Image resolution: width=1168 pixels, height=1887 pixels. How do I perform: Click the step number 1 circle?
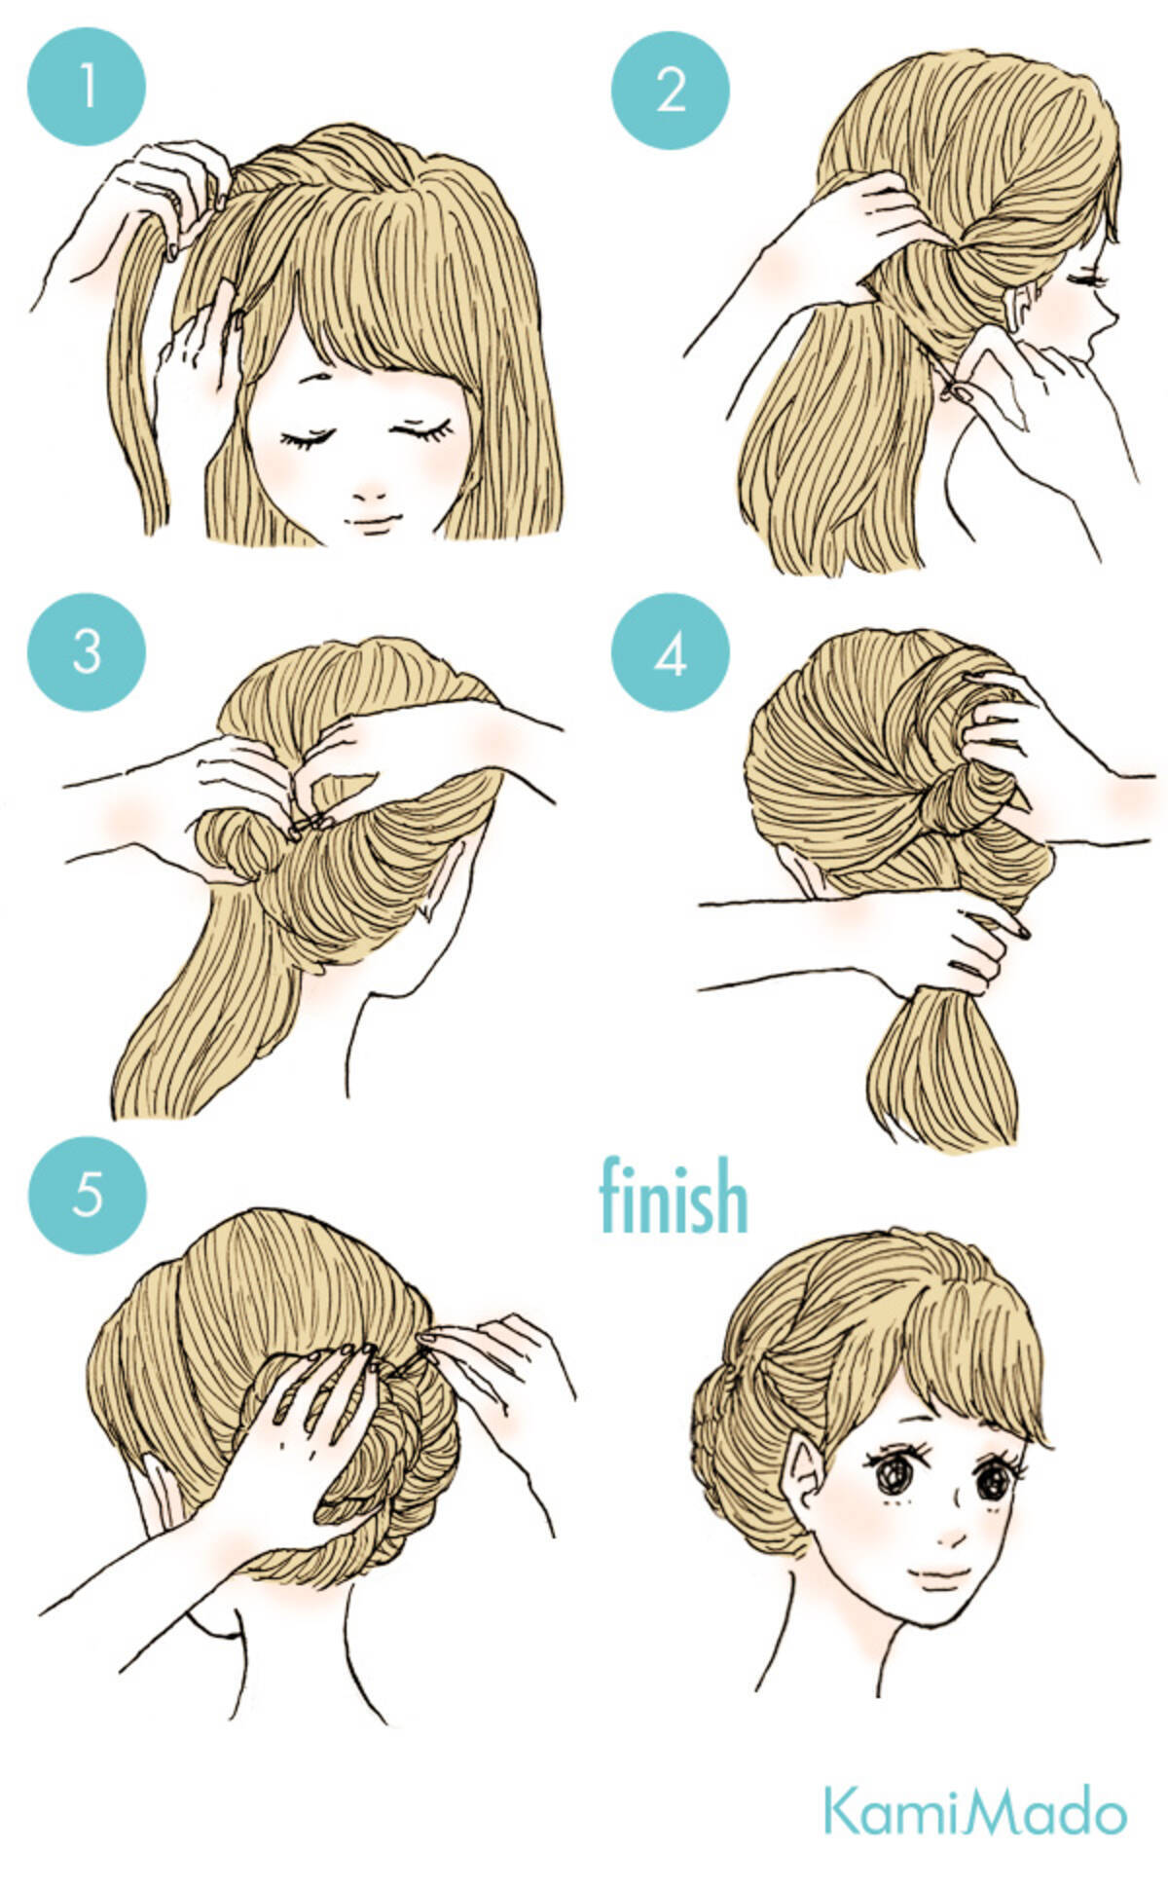[x=87, y=87]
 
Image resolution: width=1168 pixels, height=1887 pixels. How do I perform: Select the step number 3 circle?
[x=87, y=651]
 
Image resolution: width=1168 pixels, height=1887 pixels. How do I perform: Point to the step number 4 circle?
[x=671, y=653]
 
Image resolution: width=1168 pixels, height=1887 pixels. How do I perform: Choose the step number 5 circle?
[x=87, y=1192]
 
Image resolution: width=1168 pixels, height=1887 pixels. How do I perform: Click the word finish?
[x=674, y=1197]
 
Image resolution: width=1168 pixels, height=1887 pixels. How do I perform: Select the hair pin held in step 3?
[x=310, y=826]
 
